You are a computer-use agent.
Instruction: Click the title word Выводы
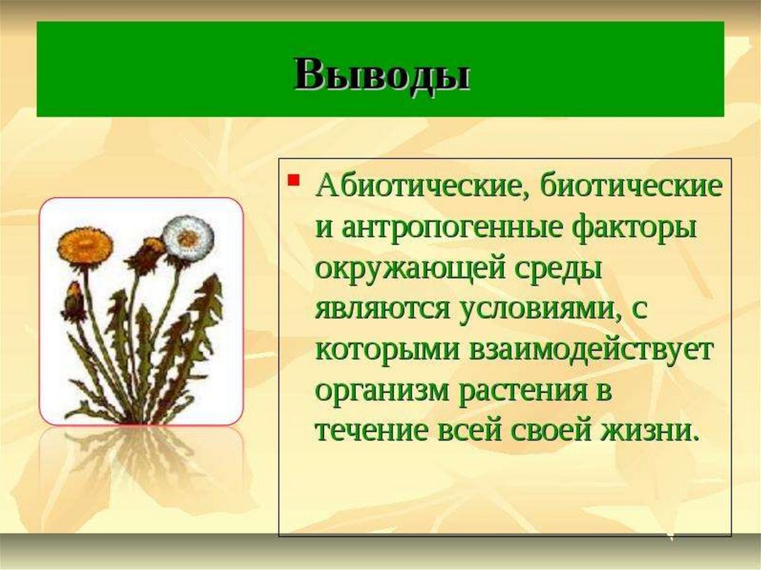click(x=383, y=75)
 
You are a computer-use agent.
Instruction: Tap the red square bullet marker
click(x=292, y=180)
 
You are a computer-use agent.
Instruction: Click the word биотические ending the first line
click(x=630, y=186)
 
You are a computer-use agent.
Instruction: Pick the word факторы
click(x=634, y=227)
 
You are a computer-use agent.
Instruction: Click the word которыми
click(x=386, y=350)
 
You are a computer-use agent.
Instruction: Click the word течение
click(x=372, y=430)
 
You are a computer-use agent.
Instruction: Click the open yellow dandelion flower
click(x=85, y=245)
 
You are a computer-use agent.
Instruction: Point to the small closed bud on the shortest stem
click(x=74, y=301)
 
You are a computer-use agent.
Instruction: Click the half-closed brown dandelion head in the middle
click(x=147, y=254)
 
